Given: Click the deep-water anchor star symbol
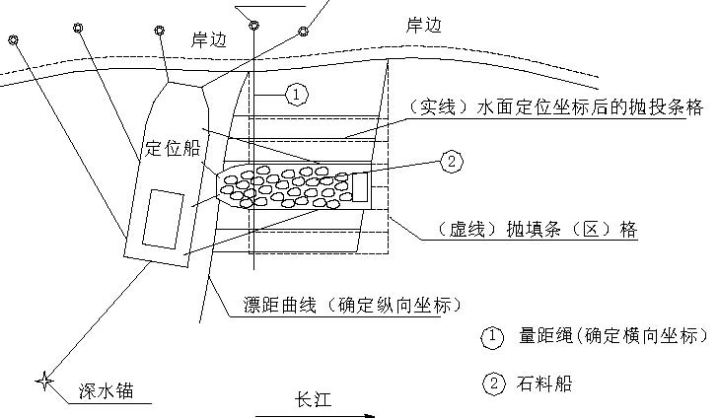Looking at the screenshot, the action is pyautogui.click(x=44, y=381).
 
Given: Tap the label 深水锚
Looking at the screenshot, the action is pyautogui.click(x=107, y=391).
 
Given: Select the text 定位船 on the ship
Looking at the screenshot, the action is pyautogui.click(x=173, y=148).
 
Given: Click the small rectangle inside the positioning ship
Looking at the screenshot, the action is pyautogui.click(x=164, y=219).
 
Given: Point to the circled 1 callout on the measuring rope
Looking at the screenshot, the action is pyautogui.click(x=297, y=95).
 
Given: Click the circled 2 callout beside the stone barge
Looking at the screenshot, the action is pyautogui.click(x=452, y=162).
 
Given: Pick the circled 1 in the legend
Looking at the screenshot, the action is pyautogui.click(x=492, y=337).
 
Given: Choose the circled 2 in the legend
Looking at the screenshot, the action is pyautogui.click(x=493, y=383).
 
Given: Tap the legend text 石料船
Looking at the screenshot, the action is pyautogui.click(x=544, y=383).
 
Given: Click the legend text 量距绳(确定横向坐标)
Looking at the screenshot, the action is pyautogui.click(x=613, y=336).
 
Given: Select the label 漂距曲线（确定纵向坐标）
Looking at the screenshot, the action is pyautogui.click(x=352, y=305).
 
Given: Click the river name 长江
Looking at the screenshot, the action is pyautogui.click(x=313, y=399).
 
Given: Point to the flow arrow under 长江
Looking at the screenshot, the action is pyautogui.click(x=315, y=416).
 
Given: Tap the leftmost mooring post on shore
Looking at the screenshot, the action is pyautogui.click(x=13, y=40).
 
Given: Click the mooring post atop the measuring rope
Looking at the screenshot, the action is pyautogui.click(x=254, y=26).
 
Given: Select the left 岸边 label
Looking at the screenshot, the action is pyautogui.click(x=209, y=40).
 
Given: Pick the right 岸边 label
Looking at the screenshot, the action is pyautogui.click(x=423, y=25).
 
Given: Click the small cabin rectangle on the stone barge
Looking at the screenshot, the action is pyautogui.click(x=360, y=187).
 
